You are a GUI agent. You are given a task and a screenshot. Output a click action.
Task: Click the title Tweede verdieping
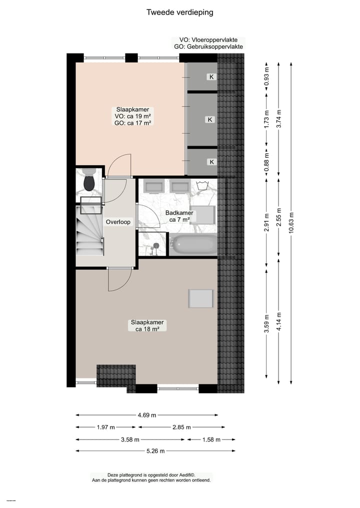(x=179, y=12)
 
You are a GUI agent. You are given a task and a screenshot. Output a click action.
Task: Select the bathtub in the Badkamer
(x=193, y=245)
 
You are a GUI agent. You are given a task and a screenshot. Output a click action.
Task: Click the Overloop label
(x=118, y=222)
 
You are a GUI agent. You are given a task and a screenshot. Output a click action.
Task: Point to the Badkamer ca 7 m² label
(x=179, y=216)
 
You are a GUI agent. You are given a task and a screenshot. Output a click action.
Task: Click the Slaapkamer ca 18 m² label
(x=147, y=326)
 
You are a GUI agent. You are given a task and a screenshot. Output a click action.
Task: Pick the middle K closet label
(x=210, y=119)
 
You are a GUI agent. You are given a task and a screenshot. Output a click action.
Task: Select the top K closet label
(x=211, y=77)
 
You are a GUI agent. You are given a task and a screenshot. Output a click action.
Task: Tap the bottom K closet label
(x=211, y=162)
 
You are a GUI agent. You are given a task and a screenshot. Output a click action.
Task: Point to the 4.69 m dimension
(x=147, y=415)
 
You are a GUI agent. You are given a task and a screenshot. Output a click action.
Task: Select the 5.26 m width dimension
(x=155, y=451)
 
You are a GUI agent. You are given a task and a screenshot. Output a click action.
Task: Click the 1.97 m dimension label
(x=105, y=427)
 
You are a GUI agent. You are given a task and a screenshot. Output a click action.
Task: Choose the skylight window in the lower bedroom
(x=200, y=298)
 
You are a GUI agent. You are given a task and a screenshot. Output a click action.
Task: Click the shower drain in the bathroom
(x=156, y=246)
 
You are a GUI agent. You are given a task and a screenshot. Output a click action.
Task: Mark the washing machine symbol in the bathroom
(x=203, y=186)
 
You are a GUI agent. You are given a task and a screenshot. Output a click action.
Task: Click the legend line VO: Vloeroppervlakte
(x=208, y=40)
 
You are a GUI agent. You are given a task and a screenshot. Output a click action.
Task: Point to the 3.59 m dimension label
(x=266, y=323)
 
